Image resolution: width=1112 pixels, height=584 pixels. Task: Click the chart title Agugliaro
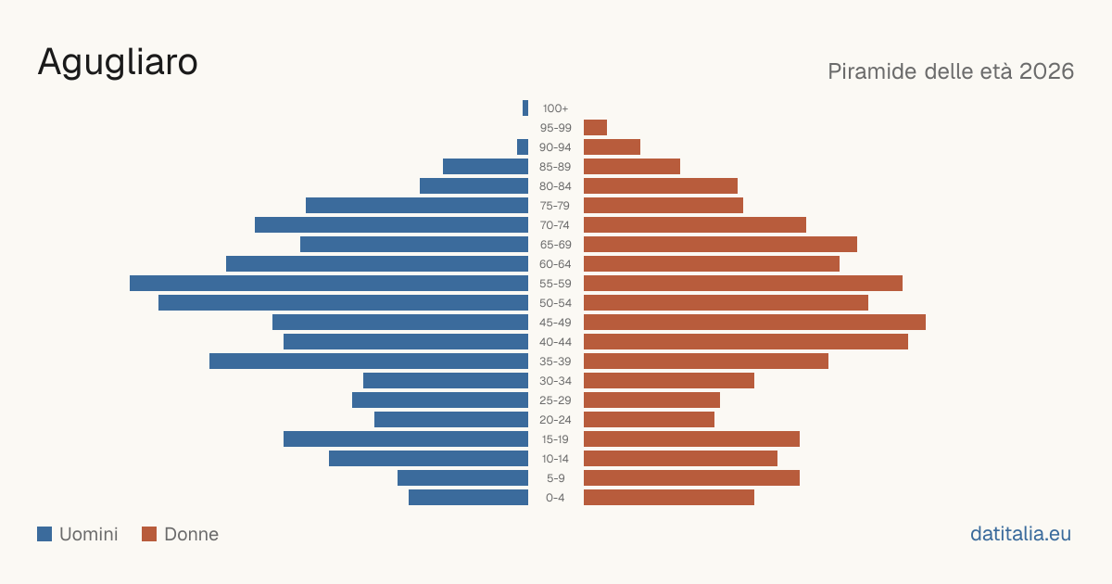[118, 63]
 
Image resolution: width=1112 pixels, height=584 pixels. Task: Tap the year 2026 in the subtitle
[1046, 71]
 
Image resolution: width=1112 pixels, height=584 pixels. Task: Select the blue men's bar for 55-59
[329, 283]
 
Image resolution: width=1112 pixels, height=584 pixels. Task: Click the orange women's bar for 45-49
[754, 323]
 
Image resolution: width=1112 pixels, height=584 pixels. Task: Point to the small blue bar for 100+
[525, 108]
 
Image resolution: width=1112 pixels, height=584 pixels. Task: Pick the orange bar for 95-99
[595, 128]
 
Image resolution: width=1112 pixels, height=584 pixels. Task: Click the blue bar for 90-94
[523, 147]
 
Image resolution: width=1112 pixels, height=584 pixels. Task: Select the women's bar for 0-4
[669, 498]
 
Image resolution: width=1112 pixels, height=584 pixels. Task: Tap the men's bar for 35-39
[369, 361]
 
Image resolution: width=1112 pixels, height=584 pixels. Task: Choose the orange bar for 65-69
[720, 245]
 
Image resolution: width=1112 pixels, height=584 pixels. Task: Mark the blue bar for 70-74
[391, 225]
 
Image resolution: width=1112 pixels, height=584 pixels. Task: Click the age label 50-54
[555, 303]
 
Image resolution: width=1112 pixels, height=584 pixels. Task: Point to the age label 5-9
[555, 478]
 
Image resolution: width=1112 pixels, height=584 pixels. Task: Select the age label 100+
[555, 108]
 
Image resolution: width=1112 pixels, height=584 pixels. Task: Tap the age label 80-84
[555, 186]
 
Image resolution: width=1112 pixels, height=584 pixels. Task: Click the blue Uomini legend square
[44, 534]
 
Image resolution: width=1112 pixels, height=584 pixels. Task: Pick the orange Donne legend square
[149, 534]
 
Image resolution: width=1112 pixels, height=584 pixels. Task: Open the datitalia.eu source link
[1020, 534]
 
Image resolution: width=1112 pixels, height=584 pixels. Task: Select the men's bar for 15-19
[406, 439]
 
